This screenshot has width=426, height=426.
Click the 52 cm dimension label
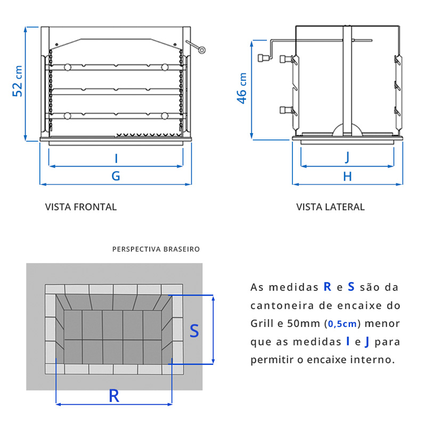pos(18,81)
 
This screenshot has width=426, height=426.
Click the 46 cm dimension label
pos(242,88)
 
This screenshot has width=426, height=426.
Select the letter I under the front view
pos(116,158)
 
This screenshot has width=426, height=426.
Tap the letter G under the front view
pos(116,176)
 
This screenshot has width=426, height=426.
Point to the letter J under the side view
pos(347,158)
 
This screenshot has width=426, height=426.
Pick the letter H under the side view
pos(347,177)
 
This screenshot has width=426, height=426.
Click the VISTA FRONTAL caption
pos(81,207)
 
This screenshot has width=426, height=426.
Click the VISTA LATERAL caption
pos(330,207)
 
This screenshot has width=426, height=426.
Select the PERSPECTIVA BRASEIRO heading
pos(156,249)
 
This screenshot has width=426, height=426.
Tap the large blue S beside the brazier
pos(194,331)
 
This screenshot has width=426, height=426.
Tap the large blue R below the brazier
pos(113,396)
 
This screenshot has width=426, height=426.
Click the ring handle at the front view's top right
pos(202,51)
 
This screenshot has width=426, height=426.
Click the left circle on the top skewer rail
pos(67,67)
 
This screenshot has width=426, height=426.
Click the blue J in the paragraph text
pos(367,342)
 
